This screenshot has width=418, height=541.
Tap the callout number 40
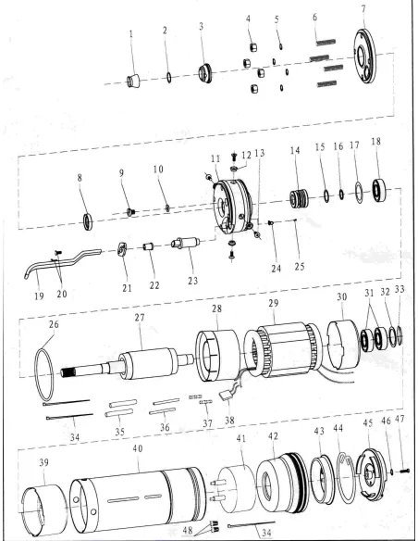click(x=137, y=447)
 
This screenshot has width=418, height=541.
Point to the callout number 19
click(x=38, y=298)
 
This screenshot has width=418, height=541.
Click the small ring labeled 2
click(x=166, y=78)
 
